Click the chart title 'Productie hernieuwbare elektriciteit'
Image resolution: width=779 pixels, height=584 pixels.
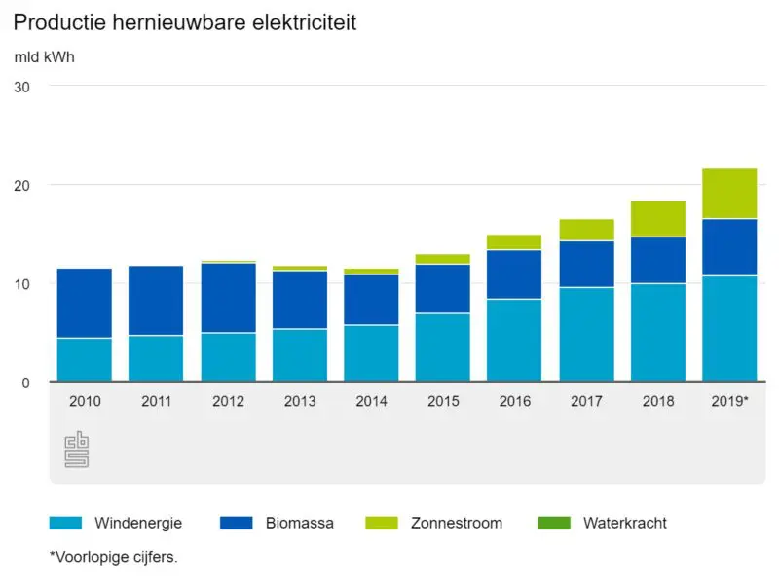click(x=185, y=22)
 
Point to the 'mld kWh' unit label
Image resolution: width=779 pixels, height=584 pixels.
click(x=44, y=56)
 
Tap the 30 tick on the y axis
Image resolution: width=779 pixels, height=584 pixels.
click(x=22, y=87)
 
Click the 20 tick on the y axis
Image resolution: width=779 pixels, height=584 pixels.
click(x=22, y=185)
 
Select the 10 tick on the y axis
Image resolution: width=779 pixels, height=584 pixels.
click(x=22, y=283)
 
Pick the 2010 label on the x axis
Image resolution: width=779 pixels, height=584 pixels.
click(x=85, y=400)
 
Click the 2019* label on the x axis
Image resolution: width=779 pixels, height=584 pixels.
click(x=729, y=400)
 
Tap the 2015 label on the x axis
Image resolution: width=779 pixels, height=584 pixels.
click(x=443, y=400)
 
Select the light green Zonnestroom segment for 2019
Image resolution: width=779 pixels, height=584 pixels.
click(x=729, y=194)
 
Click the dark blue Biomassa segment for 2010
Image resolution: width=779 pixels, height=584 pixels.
click(x=85, y=303)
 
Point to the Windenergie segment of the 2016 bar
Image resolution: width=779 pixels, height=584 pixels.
click(x=514, y=340)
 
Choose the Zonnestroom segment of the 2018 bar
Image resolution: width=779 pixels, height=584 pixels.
click(x=658, y=219)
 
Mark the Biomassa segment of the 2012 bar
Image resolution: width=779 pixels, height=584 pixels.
click(x=228, y=298)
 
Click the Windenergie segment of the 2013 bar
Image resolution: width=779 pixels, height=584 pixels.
click(x=300, y=354)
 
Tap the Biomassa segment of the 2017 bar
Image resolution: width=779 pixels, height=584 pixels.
click(x=586, y=264)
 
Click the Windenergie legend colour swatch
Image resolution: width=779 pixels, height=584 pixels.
click(x=65, y=523)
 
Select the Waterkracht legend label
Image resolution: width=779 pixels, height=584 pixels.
click(x=624, y=523)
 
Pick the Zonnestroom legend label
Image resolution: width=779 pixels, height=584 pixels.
click(x=456, y=523)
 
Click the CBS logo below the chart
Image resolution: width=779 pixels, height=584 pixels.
click(x=76, y=450)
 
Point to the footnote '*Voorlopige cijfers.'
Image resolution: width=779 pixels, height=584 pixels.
click(x=113, y=558)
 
